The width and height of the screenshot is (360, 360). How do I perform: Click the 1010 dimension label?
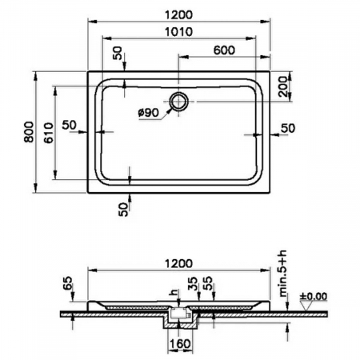[178, 32]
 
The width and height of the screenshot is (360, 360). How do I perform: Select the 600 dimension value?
[224, 50]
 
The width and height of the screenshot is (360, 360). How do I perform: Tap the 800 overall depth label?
[29, 132]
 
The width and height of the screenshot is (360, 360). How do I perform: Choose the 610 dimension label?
[48, 133]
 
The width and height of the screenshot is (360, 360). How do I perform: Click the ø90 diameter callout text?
[148, 113]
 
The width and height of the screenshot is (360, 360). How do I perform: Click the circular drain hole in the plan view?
[178, 102]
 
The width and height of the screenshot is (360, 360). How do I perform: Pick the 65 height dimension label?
[68, 283]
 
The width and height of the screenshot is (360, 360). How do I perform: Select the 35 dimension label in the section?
[193, 283]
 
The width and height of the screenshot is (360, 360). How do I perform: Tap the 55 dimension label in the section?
[208, 283]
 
